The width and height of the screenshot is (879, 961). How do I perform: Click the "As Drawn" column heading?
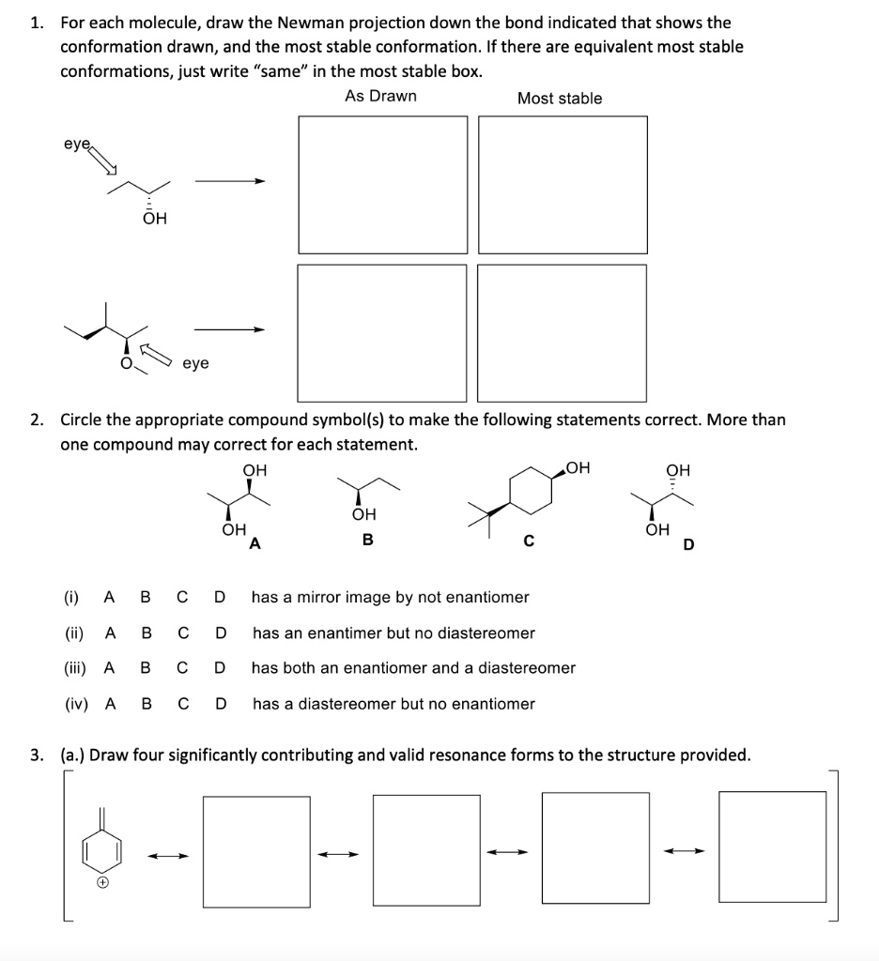380,97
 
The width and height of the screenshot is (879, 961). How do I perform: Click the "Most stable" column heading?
560,99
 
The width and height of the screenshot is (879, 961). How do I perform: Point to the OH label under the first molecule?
154,219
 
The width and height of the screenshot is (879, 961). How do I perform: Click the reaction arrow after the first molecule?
230,182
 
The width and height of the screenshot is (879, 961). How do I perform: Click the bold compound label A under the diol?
254,542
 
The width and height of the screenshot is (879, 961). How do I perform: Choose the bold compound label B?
368,541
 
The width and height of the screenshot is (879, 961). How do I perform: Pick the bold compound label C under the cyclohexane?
529,542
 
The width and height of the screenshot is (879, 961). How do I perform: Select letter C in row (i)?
182,597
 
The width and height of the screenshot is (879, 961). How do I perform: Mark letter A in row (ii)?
111,633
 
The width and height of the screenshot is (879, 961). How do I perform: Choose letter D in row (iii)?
220,668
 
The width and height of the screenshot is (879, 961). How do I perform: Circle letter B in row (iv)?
146,704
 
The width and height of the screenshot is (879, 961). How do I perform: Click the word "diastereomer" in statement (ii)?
490,633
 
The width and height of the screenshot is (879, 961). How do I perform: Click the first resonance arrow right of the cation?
171,855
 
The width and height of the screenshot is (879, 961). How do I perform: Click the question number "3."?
36,754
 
